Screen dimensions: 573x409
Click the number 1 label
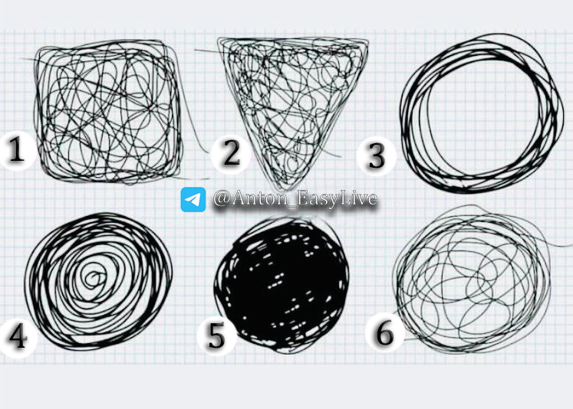click(16, 149)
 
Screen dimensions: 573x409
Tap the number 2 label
click(231, 153)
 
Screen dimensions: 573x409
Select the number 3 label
click(377, 155)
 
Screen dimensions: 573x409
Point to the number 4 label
click(18, 336)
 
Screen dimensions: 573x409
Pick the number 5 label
click(216, 336)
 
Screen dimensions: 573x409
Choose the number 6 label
click(384, 332)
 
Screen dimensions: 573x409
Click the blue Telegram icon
click(193, 200)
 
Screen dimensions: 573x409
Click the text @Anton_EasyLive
click(295, 199)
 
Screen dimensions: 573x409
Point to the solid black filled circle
click(282, 285)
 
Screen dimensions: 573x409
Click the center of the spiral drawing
click(94, 279)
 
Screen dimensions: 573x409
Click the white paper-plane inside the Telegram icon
click(193, 200)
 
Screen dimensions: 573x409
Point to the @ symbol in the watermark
click(222, 199)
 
